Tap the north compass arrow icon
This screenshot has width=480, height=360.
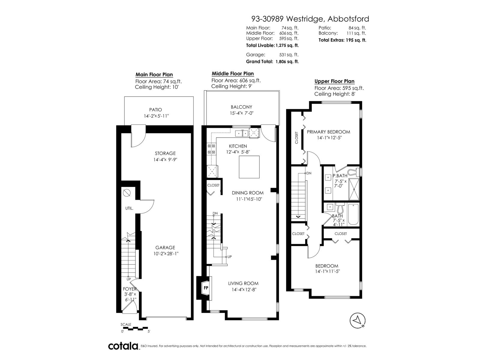(358, 321)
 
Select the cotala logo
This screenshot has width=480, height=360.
(123, 346)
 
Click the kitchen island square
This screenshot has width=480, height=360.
(249, 167)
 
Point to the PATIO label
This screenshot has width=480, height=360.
(155, 110)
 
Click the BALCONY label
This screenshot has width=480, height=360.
(241, 107)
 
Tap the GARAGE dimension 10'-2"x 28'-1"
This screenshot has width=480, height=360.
(165, 253)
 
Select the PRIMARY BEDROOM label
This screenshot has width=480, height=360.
(328, 132)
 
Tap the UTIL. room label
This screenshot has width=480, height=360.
(129, 208)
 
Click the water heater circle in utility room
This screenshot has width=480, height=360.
(127, 193)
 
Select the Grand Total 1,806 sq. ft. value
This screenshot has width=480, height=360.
(287, 61)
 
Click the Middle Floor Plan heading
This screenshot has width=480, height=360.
(232, 73)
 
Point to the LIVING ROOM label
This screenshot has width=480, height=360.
(243, 283)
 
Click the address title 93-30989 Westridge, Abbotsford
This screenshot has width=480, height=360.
(310, 19)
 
